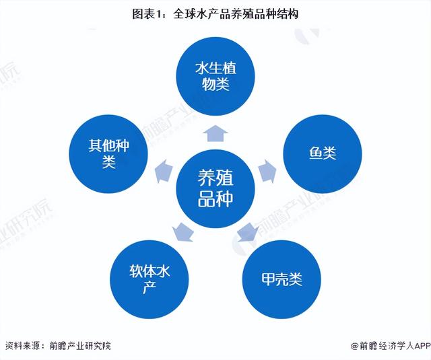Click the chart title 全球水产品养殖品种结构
pyautogui.click(x=236, y=14)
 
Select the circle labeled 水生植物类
pyautogui.click(x=215, y=76)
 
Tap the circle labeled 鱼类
pyautogui.click(x=323, y=154)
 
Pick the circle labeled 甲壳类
pyautogui.click(x=281, y=279)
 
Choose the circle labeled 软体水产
pyautogui.click(x=150, y=279)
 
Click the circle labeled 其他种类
pyautogui.click(x=108, y=154)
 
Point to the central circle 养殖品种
pyautogui.click(x=215, y=188)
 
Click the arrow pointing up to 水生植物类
pyautogui.click(x=215, y=133)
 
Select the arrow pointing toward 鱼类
pyautogui.click(x=267, y=171)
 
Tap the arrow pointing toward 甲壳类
pyautogui.click(x=247, y=232)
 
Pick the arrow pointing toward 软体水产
pyautogui.click(x=183, y=232)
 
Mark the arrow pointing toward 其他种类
pyautogui.click(x=164, y=171)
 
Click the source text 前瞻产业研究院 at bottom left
pyautogui.click(x=80, y=345)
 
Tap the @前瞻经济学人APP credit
pyautogui.click(x=391, y=346)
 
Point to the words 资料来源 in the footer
pyautogui.click(x=23, y=345)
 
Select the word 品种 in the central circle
pyautogui.click(x=215, y=199)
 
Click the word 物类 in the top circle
pyautogui.click(x=215, y=84)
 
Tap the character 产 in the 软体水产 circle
pyautogui.click(x=150, y=287)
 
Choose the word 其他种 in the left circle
pyautogui.click(x=108, y=146)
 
